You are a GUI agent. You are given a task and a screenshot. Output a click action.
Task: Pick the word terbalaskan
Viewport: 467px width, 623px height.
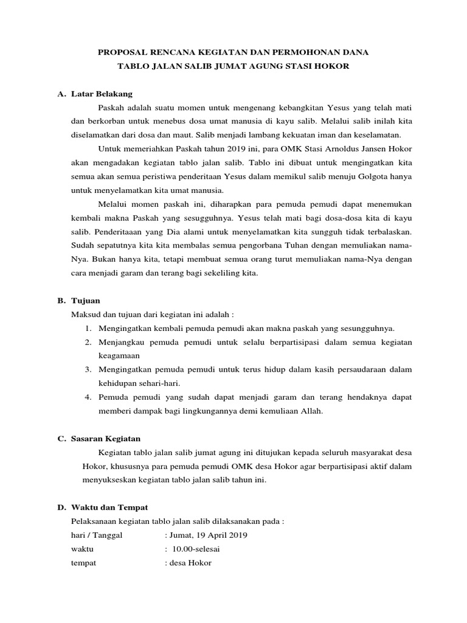tap(386, 232)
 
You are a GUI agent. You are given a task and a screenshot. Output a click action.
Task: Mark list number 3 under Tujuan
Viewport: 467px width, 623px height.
tap(88, 369)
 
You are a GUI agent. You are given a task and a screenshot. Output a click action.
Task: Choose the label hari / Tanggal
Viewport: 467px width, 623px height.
tap(97, 535)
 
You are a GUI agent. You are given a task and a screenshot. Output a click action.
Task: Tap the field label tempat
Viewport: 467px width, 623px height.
tap(84, 563)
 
